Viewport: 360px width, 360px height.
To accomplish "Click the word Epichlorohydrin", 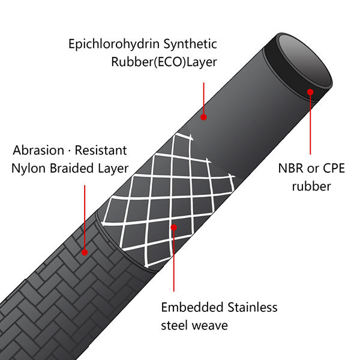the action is (x=114, y=44).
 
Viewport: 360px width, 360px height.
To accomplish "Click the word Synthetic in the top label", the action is (x=190, y=44).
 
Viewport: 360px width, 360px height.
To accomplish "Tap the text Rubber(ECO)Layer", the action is (x=164, y=62).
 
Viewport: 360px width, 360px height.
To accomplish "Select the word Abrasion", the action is (x=38, y=151).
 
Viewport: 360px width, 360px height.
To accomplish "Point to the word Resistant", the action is (x=101, y=151).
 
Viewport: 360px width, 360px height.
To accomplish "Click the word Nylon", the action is (x=28, y=168).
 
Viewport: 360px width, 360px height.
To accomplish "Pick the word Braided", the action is (x=72, y=168).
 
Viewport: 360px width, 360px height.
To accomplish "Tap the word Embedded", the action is (x=192, y=307).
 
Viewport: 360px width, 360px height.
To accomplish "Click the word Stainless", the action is (x=253, y=307).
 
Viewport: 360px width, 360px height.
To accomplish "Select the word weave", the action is (x=209, y=326).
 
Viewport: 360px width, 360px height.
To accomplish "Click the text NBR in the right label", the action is (x=290, y=168).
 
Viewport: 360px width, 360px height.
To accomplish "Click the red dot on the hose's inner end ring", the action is (x=310, y=92).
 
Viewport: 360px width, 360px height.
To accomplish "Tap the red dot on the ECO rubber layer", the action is (x=203, y=117).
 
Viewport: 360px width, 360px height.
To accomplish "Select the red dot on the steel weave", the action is (x=174, y=227).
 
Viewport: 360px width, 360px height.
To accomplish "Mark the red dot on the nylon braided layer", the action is (x=85, y=253).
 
